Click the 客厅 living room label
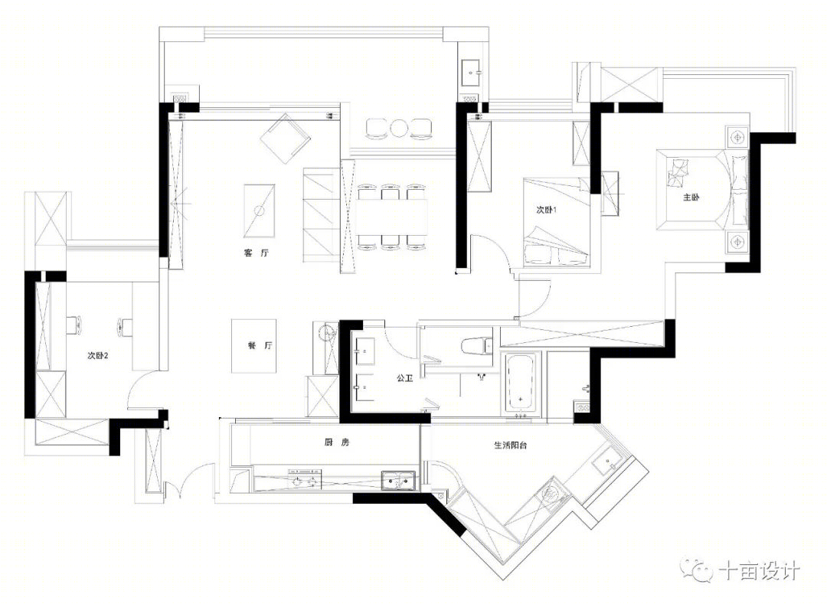coord(257,253)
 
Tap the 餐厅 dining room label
coord(260,346)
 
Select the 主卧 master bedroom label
coord(691,197)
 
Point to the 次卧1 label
coord(547,210)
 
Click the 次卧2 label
coord(97,355)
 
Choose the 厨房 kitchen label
coord(337,442)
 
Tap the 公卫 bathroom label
coord(404,378)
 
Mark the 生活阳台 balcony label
coord(511,445)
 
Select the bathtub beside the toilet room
coord(521,383)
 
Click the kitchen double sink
coord(399,481)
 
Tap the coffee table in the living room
coord(259,211)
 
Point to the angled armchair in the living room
coord(286,139)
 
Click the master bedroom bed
coord(702,190)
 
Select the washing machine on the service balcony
coord(551,494)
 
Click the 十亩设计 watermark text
coord(760,570)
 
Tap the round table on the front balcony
coord(398,128)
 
